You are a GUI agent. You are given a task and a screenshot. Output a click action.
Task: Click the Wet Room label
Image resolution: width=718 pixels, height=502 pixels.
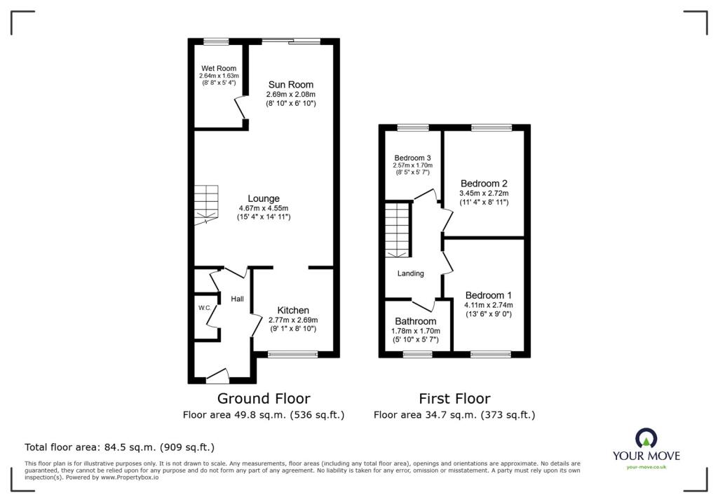pyautogui.click(x=219, y=68)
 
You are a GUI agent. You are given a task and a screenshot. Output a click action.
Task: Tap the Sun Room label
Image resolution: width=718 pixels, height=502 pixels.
pyautogui.click(x=290, y=84)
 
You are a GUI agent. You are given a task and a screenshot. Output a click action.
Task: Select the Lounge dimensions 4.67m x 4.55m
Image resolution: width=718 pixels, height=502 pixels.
pyautogui.click(x=264, y=208)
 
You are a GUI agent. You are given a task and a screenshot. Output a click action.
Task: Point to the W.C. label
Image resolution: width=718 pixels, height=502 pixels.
pyautogui.click(x=204, y=308)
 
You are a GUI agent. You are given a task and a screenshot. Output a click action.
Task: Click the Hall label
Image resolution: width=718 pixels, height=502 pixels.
pyautogui.click(x=238, y=299)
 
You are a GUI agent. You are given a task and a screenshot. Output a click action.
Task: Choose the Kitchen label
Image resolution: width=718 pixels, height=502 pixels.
pyautogui.click(x=292, y=310)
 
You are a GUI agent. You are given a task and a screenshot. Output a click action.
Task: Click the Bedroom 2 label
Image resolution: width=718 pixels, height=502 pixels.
pyautogui.click(x=484, y=183)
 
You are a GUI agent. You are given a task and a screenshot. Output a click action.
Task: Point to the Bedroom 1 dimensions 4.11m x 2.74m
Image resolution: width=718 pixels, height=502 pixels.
pyautogui.click(x=488, y=305)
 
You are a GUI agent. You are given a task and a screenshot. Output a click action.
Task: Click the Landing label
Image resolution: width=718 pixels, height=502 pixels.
pyautogui.click(x=411, y=273)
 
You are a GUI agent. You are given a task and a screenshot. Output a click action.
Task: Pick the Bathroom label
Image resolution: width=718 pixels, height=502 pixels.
pyautogui.click(x=415, y=321)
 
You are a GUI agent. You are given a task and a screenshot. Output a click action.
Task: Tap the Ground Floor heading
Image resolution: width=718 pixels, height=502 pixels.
pyautogui.click(x=263, y=398)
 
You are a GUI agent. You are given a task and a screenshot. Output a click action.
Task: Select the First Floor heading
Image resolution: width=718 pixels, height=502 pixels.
pyautogui.click(x=454, y=398)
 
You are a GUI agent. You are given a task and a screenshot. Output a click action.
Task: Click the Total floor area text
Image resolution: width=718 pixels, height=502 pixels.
pyautogui.click(x=119, y=447)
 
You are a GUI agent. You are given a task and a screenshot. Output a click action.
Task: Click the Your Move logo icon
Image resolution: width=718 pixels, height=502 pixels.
pyautogui.click(x=646, y=438)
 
